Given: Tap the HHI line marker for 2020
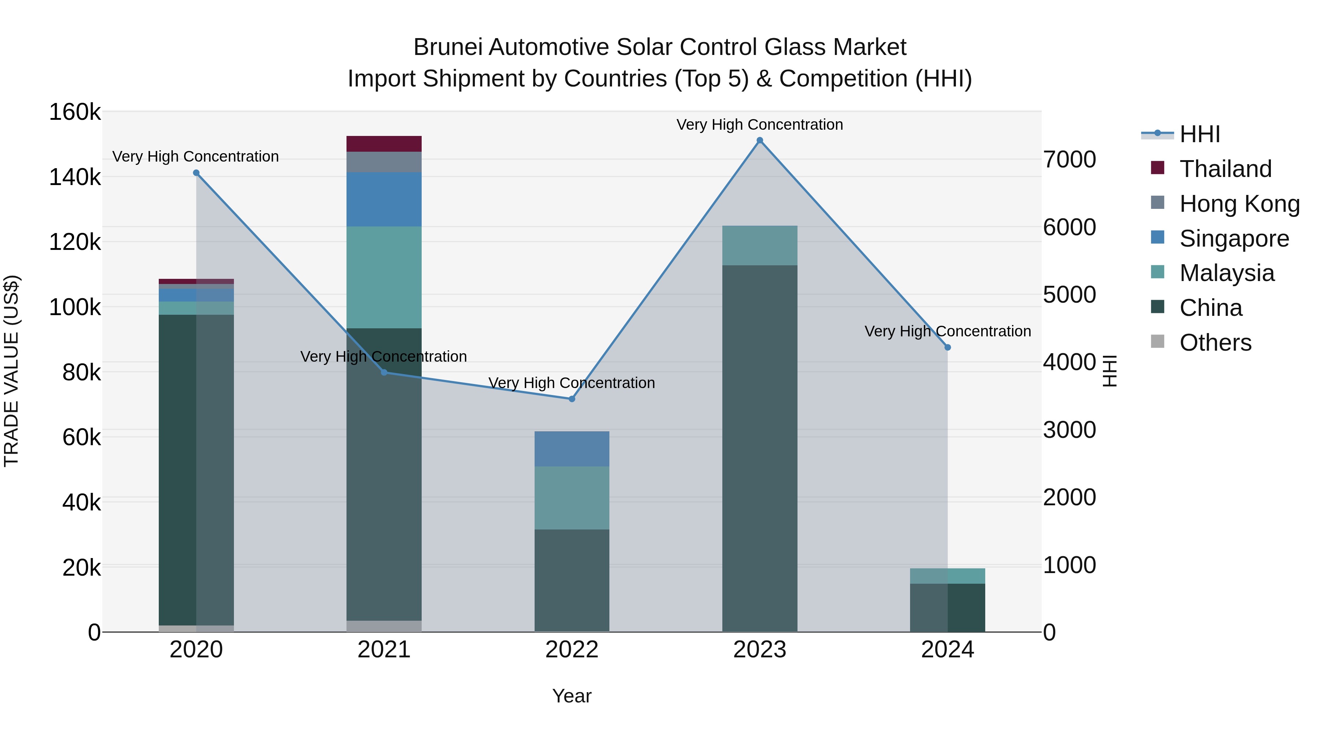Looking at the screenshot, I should tap(196, 173).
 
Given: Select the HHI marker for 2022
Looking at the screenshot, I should tap(572, 399).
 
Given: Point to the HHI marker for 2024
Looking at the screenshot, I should tap(947, 347).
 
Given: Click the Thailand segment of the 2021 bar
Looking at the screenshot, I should tap(384, 144).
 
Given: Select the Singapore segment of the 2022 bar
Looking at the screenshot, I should tap(572, 449).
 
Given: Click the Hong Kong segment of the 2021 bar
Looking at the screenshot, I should tap(384, 162).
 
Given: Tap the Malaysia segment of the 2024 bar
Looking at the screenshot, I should tap(947, 576).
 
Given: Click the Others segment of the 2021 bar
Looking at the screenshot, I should tap(384, 626).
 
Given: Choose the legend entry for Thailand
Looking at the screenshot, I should tap(1225, 169).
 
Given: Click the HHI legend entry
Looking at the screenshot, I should tap(1199, 134).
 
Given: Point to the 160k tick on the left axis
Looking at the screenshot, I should tap(75, 112).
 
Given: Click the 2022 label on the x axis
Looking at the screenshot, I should tap(572, 650).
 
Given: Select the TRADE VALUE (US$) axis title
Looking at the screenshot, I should tap(11, 371).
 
